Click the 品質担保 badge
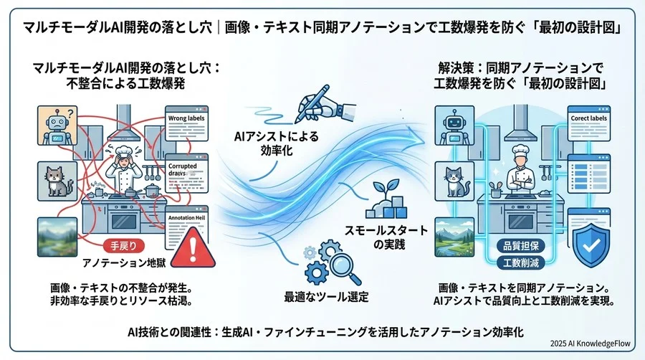(517, 245)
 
